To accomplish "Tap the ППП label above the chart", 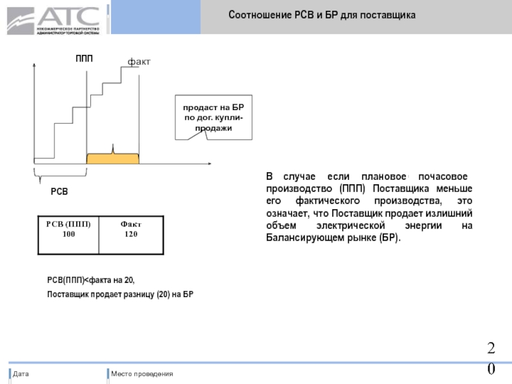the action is point(84,59).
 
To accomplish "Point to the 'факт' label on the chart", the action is point(139,61).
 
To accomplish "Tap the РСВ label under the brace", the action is point(60,192).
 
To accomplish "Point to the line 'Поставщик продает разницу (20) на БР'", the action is point(120,294).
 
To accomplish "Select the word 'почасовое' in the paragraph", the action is point(438,176).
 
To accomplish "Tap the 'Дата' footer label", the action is point(20,374).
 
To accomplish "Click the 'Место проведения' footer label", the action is point(141,374).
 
